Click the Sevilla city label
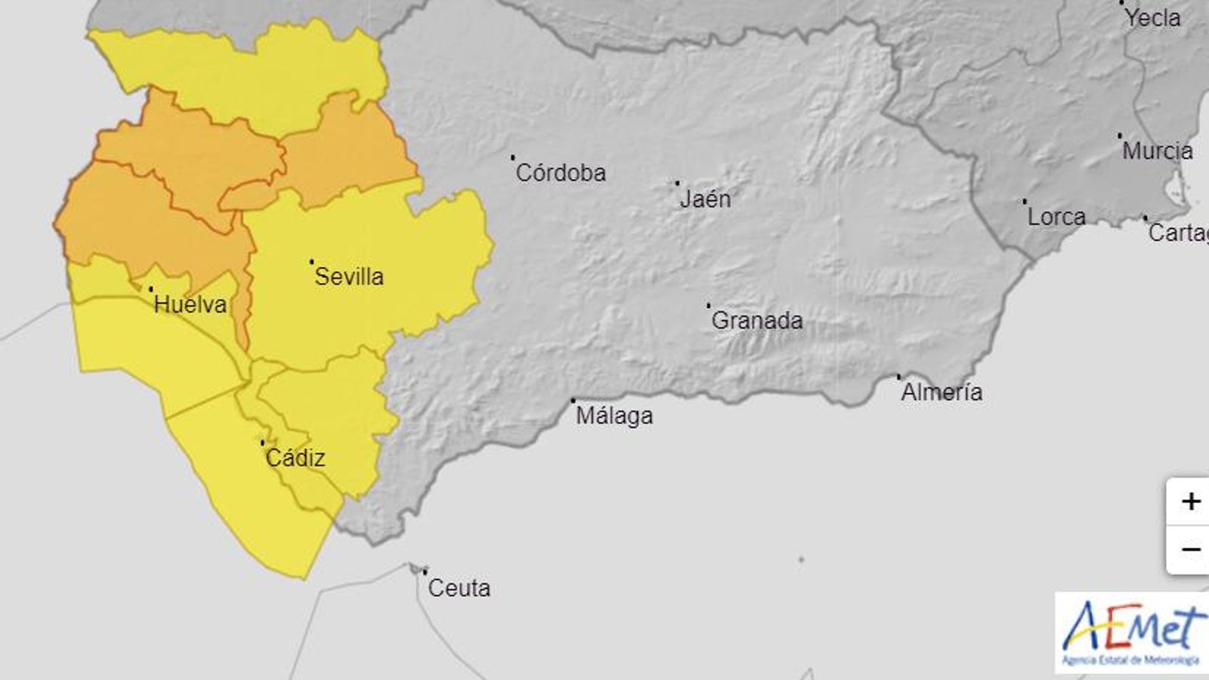pos(349,277)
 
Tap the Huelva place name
pos(190,304)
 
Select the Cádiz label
pos(295,458)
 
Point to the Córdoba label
pos(561,173)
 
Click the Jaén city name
pos(706,199)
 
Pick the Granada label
pos(757,320)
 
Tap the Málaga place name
pos(614,416)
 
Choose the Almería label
pos(942,392)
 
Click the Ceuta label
pos(459,588)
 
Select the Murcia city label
pos(1158,151)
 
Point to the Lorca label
pos(1056,217)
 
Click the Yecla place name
pos(1152,18)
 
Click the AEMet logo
pos(1131,633)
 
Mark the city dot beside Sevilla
pos(311,261)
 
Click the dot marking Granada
pos(708,305)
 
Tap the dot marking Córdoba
pos(512,157)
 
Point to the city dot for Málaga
pos(573,400)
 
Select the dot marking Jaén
pos(677,183)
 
